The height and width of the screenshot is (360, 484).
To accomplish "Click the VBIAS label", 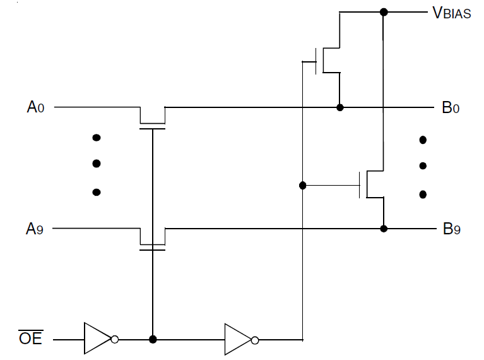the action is pyautogui.click(x=452, y=13).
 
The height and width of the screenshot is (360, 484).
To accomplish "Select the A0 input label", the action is pyautogui.click(x=35, y=107).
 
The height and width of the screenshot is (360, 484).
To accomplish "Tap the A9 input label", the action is pyautogui.click(x=35, y=229).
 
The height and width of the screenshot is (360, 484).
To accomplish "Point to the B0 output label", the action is pyautogui.click(x=451, y=107).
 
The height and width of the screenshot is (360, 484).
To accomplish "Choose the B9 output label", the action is pyautogui.click(x=452, y=229).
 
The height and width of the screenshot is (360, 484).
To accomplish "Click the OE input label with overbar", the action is pyautogui.click(x=30, y=337).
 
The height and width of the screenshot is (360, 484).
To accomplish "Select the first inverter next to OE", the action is pyautogui.click(x=101, y=339).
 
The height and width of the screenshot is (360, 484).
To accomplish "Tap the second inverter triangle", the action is pyautogui.click(x=242, y=340).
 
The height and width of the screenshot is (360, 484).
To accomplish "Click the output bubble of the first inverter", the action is pyautogui.click(x=114, y=340).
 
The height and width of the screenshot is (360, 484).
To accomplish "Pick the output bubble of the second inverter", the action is pyautogui.click(x=255, y=340).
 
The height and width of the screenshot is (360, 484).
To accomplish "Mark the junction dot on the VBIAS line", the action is pyautogui.click(x=384, y=12).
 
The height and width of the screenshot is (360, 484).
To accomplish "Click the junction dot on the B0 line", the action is pyautogui.click(x=340, y=107).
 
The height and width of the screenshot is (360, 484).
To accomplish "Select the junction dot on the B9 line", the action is pyautogui.click(x=384, y=229).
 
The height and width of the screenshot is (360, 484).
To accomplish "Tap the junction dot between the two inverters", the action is pyautogui.click(x=153, y=339).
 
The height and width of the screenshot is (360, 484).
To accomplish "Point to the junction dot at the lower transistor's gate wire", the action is pyautogui.click(x=303, y=186).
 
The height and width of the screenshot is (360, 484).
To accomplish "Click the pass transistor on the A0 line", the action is pyautogui.click(x=153, y=118).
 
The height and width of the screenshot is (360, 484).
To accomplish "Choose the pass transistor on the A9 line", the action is pyautogui.click(x=153, y=239).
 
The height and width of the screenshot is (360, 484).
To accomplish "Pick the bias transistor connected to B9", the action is pyautogui.click(x=372, y=184).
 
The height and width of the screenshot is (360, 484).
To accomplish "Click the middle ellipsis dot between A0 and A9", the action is pyautogui.click(x=97, y=164).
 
